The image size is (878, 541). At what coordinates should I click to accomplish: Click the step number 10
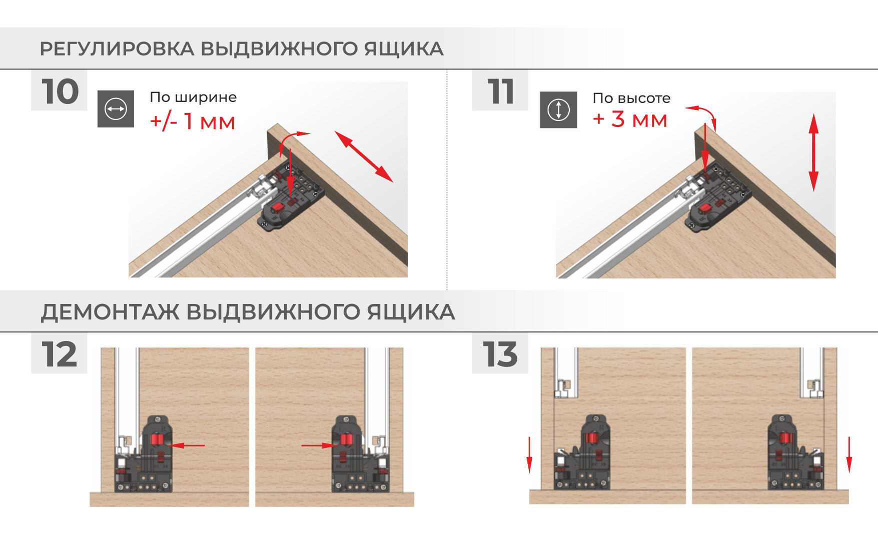coord(60,91)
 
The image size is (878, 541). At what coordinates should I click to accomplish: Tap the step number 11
coord(501,91)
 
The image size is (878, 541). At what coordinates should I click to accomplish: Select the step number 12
coord(60,354)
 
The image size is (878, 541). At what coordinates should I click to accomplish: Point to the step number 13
coord(500,354)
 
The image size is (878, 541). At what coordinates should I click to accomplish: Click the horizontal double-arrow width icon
coord(116,109)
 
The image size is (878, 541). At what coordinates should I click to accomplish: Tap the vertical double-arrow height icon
coord(558,109)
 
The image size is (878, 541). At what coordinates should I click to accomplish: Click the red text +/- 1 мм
coord(193,121)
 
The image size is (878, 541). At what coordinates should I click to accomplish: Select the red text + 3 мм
coord(630,119)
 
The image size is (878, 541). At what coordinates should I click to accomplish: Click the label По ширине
coord(193,97)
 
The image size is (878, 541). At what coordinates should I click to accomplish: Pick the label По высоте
coord(631,98)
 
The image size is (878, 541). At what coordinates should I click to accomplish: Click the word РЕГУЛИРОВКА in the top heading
coord(117,49)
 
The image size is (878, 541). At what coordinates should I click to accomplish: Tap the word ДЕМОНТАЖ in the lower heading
coord(110,312)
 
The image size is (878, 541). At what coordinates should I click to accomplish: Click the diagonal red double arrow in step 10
coord(364,156)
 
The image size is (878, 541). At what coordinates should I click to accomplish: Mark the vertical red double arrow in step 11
coord(813,152)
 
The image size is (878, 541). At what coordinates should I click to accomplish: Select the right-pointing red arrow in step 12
coord(320,445)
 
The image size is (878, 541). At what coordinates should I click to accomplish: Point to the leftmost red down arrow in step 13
coord(530,454)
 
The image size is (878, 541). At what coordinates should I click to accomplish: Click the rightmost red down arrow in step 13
coord(848,454)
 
